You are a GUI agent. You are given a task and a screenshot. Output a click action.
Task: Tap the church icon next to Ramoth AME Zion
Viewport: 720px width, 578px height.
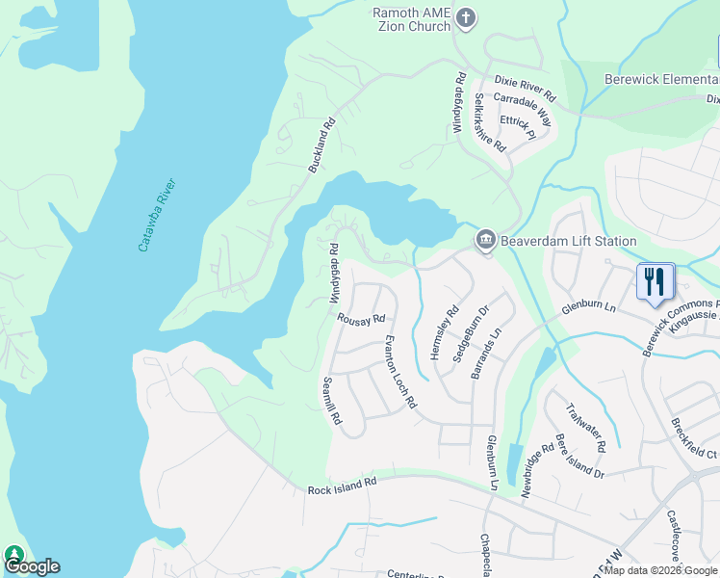coord(465,17)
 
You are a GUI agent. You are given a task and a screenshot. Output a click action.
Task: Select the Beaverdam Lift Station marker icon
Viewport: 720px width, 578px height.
coord(485,240)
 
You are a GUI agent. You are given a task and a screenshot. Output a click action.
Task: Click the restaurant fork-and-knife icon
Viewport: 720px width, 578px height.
coord(655,280)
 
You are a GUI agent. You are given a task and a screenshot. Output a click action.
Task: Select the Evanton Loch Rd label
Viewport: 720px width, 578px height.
coord(399,372)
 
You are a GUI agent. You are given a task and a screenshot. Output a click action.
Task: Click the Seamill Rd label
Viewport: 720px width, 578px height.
coord(332,401)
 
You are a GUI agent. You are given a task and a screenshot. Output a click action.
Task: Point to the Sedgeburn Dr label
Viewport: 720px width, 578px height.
coord(472,333)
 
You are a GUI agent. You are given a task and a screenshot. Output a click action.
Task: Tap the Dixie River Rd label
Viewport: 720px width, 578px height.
coord(526,89)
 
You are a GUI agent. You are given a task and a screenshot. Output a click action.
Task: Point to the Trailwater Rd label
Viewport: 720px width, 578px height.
coord(585,427)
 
